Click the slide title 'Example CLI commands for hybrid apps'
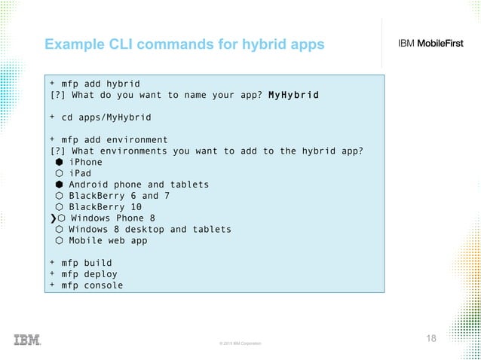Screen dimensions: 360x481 point(184,45)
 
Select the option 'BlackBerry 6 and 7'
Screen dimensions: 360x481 point(118,196)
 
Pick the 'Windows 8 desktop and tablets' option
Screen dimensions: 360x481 point(149,230)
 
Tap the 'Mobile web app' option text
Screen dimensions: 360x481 point(107,241)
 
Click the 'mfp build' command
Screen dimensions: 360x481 point(86,264)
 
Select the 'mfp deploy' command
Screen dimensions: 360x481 point(89,275)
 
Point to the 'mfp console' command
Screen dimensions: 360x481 point(92,286)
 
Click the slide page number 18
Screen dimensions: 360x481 point(431,338)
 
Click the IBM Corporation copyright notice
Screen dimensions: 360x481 point(240,343)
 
